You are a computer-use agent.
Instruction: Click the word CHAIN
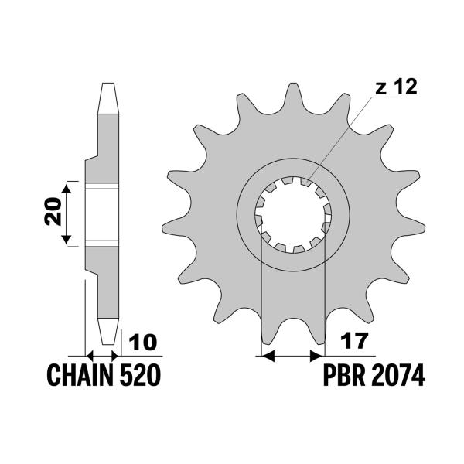coord(80,375)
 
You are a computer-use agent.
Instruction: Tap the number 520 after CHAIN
coord(140,375)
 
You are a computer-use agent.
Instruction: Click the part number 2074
coord(398,375)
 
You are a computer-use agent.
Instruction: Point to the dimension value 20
coord(53,211)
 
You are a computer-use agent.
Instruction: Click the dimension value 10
coord(143,343)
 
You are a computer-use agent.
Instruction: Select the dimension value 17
coord(354,341)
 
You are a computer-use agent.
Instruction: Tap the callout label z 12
coord(396,87)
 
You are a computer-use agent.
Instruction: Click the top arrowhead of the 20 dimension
coord(66,189)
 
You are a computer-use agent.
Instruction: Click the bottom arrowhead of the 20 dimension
coord(66,240)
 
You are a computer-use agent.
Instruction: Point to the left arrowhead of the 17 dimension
coord(268,356)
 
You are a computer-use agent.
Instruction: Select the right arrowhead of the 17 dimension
coord(316,356)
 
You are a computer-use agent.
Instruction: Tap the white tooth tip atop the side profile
coord(108,98)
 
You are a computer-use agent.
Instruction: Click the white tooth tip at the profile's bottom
coord(108,332)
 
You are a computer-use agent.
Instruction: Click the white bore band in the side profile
coord(102,215)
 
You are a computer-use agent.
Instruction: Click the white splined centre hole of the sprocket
coord(293,215)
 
